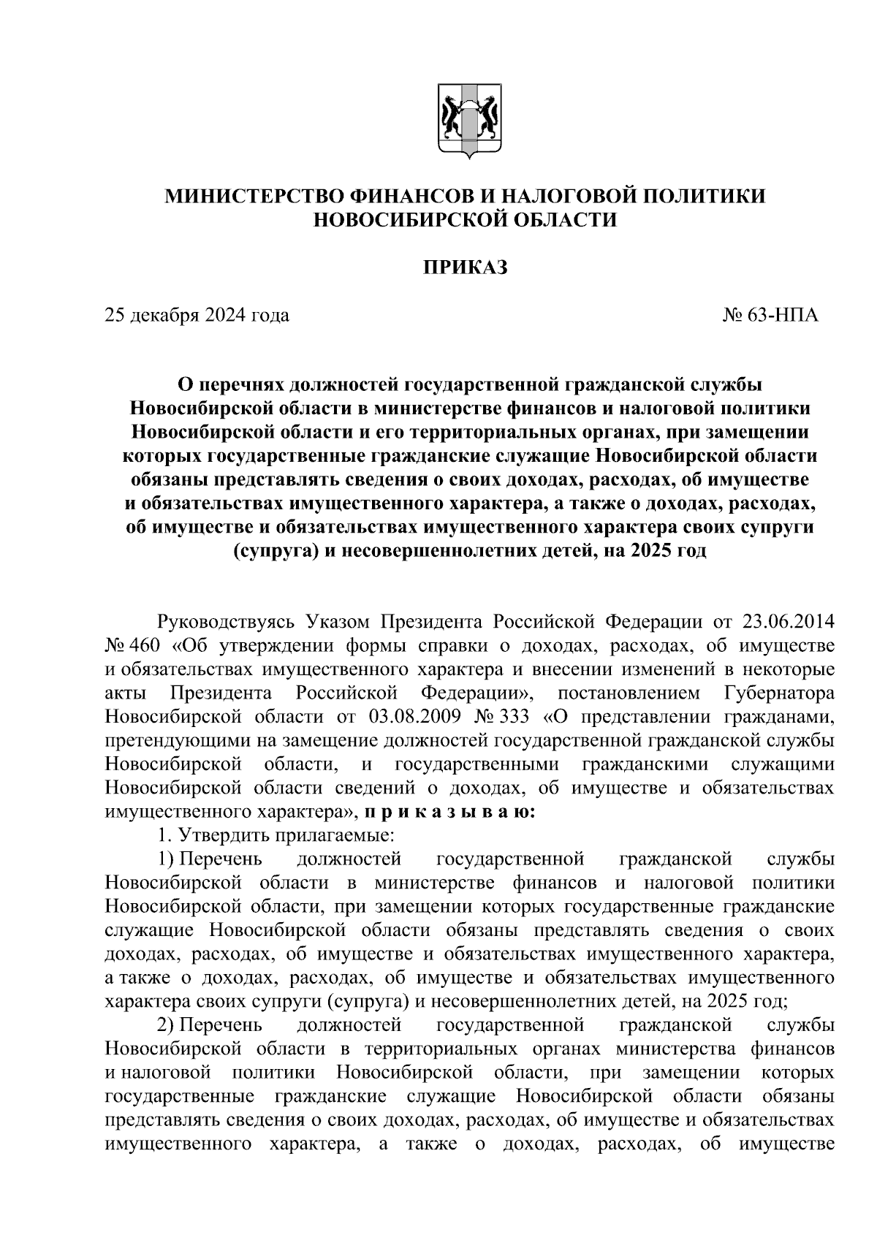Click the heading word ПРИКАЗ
coord(465,267)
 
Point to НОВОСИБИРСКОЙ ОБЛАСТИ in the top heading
coord(465,219)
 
